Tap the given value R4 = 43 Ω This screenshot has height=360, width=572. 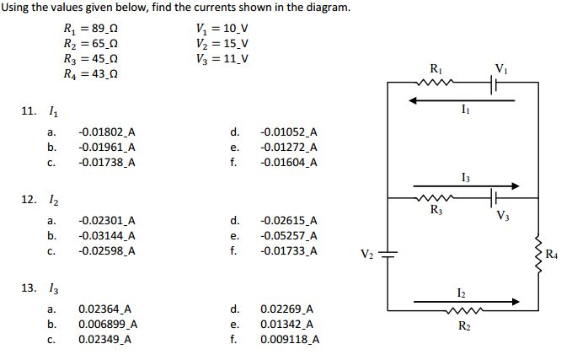point(91,74)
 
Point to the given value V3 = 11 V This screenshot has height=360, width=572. point(221,59)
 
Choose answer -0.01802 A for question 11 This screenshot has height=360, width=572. point(106,132)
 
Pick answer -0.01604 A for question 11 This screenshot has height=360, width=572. point(289,162)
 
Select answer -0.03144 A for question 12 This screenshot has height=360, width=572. point(106,236)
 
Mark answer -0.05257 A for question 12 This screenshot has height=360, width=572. point(289,236)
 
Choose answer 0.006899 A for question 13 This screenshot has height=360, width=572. point(108,325)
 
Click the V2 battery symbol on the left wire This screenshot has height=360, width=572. point(388,253)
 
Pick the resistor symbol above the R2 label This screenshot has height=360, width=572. point(463,310)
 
